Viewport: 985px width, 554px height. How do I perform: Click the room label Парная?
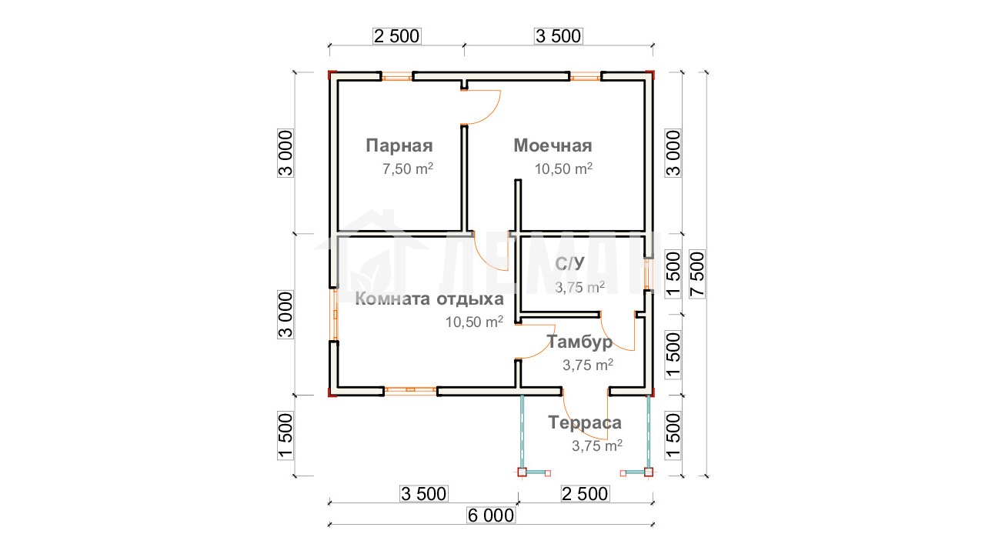[399, 146]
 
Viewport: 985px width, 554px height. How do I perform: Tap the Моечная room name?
[553, 145]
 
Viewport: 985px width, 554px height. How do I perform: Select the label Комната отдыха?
[429, 299]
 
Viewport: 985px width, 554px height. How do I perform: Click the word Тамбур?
[579, 342]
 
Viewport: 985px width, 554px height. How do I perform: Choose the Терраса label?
[585, 422]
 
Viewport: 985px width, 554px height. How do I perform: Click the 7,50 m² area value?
[408, 169]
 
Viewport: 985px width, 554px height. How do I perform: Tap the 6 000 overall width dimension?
[491, 516]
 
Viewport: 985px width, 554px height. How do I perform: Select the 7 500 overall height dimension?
[697, 275]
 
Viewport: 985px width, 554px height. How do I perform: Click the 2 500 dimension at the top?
[396, 36]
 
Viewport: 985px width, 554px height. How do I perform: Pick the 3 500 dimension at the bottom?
[423, 494]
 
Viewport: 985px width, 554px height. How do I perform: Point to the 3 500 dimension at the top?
[559, 36]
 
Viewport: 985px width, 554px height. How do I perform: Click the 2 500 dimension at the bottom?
[585, 494]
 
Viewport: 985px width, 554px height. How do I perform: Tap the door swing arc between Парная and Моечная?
[492, 115]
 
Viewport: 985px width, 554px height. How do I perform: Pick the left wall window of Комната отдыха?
[335, 315]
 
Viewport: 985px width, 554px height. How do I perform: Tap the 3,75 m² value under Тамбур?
[588, 365]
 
